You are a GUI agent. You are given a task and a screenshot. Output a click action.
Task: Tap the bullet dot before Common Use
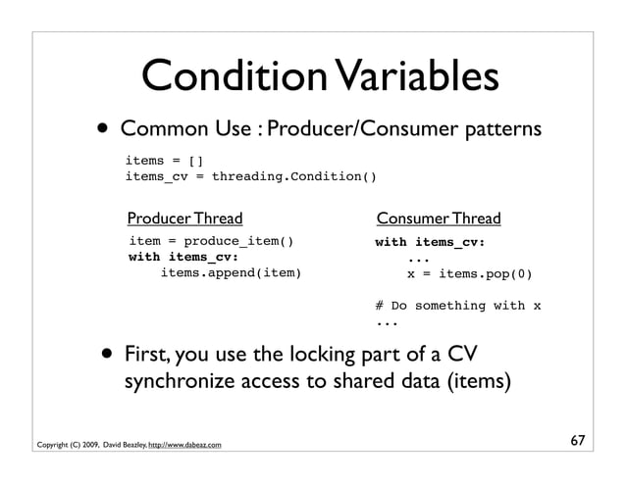click(103, 131)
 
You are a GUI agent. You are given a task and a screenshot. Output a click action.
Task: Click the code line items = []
click(164, 160)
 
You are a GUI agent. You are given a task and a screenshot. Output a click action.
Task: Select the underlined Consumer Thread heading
click(439, 217)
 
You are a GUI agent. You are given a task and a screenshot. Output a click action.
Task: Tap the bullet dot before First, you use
click(105, 354)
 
